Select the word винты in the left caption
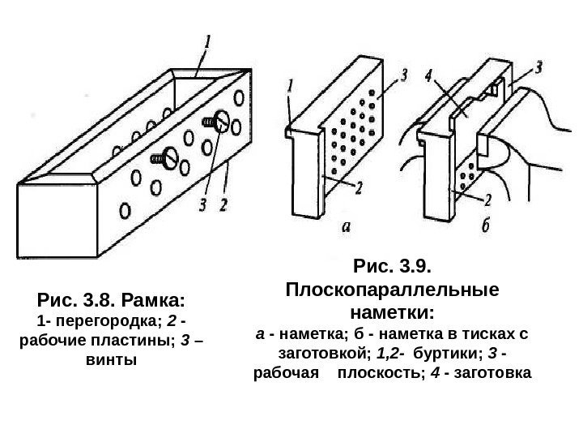click(110, 358)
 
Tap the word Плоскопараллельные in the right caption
click(394, 290)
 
